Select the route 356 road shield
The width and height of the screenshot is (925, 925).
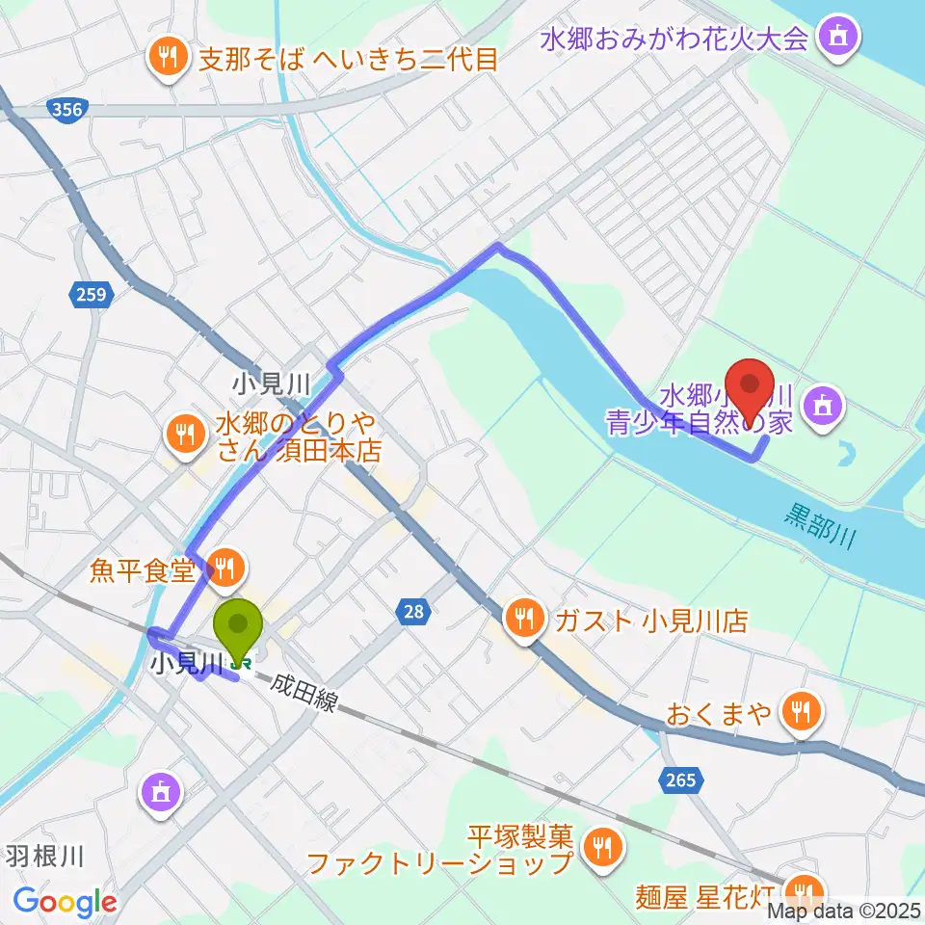coord(66,111)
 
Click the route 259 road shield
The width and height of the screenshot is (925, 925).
coord(93,294)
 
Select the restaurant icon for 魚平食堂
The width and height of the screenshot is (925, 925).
coord(225,568)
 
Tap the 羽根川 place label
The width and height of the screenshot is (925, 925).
coord(46,855)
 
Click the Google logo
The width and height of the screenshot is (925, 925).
coord(65,903)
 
